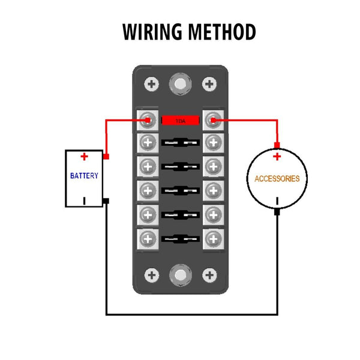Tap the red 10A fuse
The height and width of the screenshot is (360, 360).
(x=180, y=120)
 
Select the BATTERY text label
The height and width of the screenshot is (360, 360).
(x=84, y=176)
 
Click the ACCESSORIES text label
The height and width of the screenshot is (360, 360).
(x=277, y=179)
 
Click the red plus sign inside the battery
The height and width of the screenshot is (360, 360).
(x=85, y=157)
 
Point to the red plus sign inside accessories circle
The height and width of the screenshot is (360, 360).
(x=277, y=157)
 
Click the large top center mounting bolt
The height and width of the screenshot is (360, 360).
(x=179, y=82)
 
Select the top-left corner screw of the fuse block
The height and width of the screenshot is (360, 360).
(x=152, y=83)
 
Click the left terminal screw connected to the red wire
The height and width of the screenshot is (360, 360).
(x=147, y=120)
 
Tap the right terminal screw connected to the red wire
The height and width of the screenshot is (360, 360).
(x=212, y=120)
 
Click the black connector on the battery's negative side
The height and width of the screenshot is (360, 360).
(x=106, y=200)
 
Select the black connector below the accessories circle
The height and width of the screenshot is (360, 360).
(x=277, y=212)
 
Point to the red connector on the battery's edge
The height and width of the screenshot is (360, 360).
(x=106, y=157)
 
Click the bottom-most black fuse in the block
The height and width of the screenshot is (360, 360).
(x=180, y=239)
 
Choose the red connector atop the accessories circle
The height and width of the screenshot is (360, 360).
(x=277, y=145)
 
